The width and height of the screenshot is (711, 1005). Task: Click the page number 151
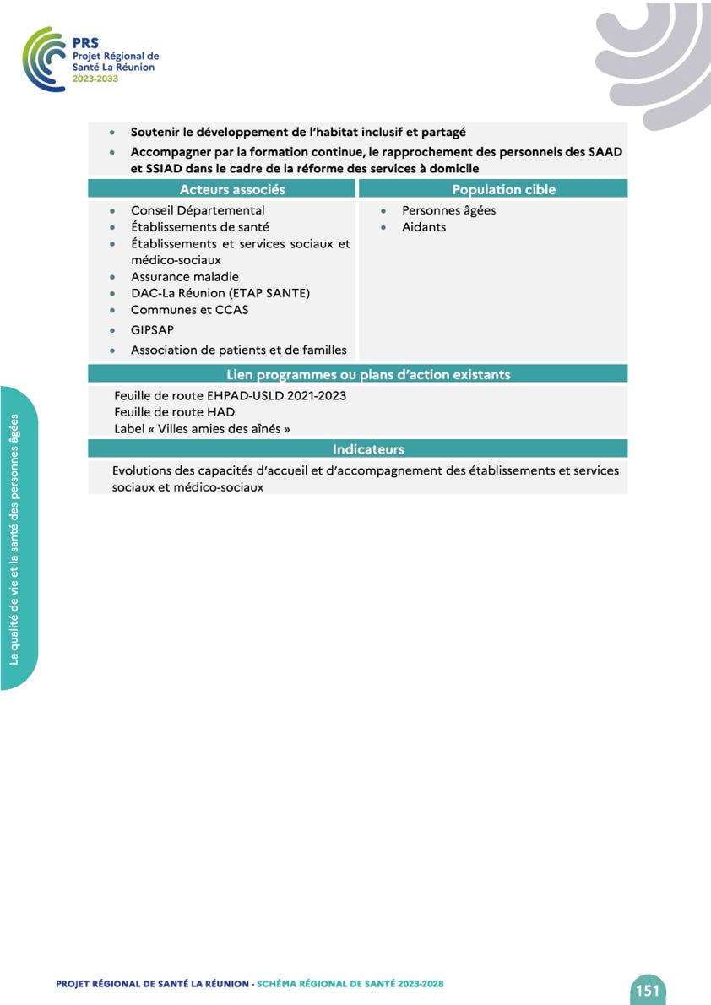648,990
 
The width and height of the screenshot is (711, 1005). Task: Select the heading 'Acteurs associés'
232,189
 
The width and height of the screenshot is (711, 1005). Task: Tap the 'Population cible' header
503,189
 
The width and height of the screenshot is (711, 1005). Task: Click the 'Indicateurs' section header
368,449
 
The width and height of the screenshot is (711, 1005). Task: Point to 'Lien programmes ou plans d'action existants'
368,374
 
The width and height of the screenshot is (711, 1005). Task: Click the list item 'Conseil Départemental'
198,210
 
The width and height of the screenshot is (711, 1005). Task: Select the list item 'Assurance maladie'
185,277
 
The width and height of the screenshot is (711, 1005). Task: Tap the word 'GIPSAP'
152,330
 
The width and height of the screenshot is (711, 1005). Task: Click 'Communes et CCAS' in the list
189,310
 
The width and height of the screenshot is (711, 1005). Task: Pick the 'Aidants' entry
424,227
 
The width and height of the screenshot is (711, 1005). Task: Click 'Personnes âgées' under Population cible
448,210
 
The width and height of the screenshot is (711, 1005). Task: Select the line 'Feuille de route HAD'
174,412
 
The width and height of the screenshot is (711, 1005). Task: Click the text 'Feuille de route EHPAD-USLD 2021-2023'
230,395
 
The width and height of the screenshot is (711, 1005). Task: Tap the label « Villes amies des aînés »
202,429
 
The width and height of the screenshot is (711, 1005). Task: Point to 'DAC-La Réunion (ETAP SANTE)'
220,293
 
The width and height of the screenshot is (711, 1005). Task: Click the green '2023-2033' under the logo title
95,78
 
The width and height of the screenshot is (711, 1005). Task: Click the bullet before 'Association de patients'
112,350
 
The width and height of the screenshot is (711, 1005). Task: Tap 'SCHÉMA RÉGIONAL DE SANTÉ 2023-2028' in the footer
350,984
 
